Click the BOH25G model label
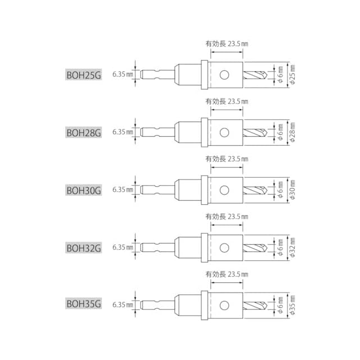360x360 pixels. (84, 74)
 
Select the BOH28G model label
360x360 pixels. (84, 132)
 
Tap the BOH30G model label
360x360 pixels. (84, 190)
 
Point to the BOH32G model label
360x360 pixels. (84, 247)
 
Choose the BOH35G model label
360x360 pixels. (84, 303)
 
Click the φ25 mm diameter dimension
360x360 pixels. (292, 75)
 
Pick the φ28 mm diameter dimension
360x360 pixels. (292, 132)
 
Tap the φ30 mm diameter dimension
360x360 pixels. (292, 190)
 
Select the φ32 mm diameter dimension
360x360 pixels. (292, 247)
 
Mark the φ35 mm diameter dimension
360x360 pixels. (292, 305)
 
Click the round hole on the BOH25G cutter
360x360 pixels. (224, 75)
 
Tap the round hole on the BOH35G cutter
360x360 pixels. (224, 305)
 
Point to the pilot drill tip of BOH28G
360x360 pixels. (267, 133)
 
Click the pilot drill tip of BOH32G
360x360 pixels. (267, 247)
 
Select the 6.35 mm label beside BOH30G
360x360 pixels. (123, 190)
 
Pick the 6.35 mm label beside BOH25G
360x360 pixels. (123, 74)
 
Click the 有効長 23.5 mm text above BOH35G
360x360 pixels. (227, 274)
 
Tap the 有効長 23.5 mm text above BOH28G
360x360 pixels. (227, 101)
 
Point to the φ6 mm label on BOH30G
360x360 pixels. (280, 190)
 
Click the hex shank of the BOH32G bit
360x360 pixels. (157, 247)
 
